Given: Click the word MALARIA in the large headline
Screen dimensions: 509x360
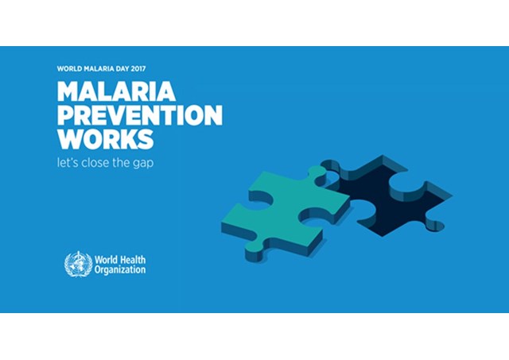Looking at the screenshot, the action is pyautogui.click(x=116, y=91).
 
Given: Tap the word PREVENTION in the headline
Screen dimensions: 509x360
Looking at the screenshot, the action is pyautogui.click(x=140, y=115).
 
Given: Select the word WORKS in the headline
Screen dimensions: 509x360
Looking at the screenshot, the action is pyautogui.click(x=106, y=139).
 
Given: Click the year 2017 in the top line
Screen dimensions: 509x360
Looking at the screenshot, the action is pyautogui.click(x=138, y=69).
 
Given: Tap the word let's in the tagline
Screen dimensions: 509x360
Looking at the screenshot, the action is pyautogui.click(x=68, y=162).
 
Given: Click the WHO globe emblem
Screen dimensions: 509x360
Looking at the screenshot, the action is pyautogui.click(x=78, y=265).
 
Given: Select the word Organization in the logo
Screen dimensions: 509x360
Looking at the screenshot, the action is pyautogui.click(x=120, y=270).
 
